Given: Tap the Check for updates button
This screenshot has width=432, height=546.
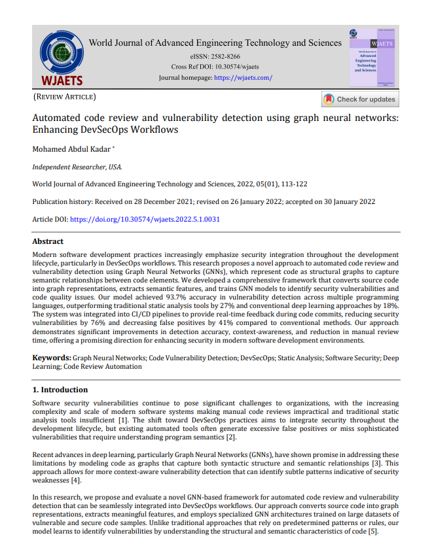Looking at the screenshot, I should click(x=359, y=99).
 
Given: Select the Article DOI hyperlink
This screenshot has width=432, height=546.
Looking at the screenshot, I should click(x=145, y=219).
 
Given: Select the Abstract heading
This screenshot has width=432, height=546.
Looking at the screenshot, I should click(x=48, y=241).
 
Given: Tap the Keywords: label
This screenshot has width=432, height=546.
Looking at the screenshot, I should click(x=52, y=358).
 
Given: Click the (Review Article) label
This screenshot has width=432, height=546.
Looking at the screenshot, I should click(x=64, y=97).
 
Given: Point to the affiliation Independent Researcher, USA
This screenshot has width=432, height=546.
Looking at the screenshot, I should click(x=77, y=167).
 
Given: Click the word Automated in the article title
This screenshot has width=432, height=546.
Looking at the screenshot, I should click(x=57, y=118).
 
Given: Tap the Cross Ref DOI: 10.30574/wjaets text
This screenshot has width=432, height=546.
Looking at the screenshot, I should click(x=215, y=67).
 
